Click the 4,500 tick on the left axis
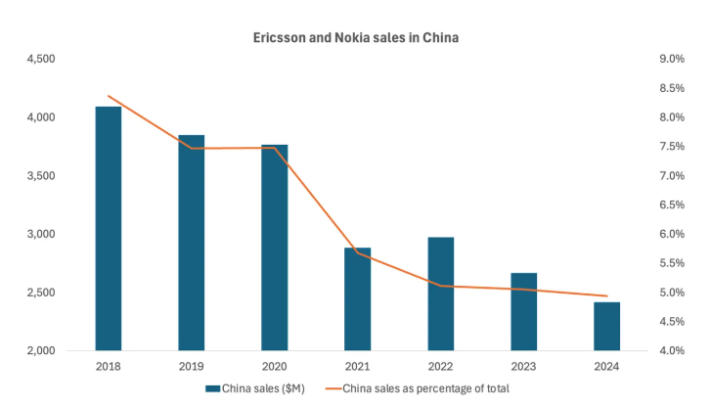39,59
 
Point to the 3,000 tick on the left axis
39,235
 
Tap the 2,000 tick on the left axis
39,351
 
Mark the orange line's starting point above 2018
109,96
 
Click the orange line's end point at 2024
606,296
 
